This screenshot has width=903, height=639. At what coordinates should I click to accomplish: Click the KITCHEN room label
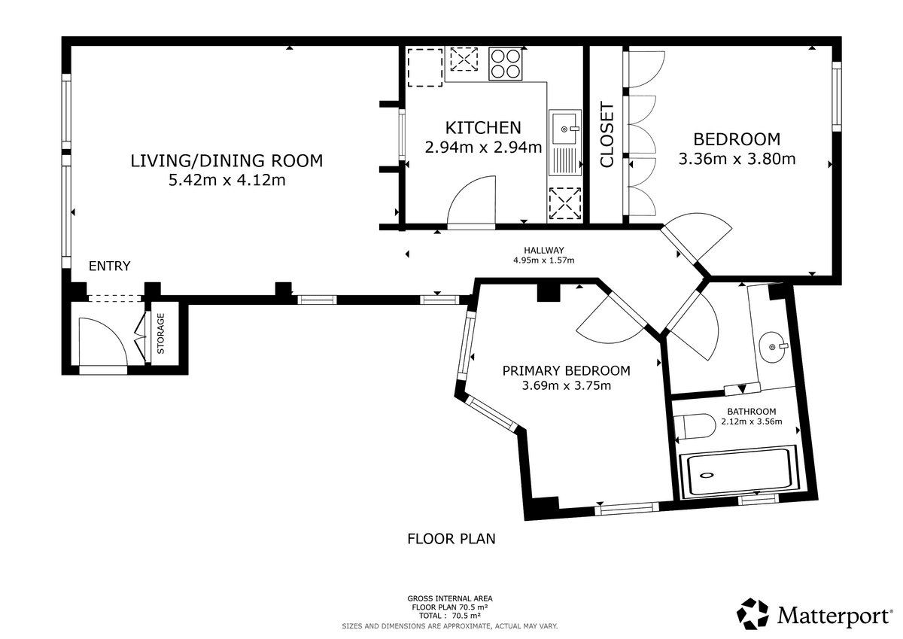tap(483, 128)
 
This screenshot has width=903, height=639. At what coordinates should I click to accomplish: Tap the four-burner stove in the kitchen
tap(506, 64)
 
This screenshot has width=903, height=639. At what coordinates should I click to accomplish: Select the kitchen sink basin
tap(564, 129)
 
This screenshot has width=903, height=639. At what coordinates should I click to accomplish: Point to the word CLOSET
tap(607, 135)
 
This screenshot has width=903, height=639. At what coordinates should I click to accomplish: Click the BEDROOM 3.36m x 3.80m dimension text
tap(737, 159)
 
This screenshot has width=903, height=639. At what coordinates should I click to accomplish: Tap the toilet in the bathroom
tap(694, 425)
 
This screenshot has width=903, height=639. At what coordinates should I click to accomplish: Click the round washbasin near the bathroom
tap(772, 347)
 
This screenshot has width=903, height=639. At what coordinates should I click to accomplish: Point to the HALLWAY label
tap(544, 250)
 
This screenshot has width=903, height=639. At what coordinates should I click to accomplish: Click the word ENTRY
tap(109, 266)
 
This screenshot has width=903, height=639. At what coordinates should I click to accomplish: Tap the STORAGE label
tap(161, 333)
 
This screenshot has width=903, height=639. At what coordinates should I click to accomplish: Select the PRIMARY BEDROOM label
tap(566, 370)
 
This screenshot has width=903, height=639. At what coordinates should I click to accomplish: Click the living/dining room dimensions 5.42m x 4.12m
tap(227, 180)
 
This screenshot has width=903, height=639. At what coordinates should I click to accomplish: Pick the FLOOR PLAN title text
tap(451, 539)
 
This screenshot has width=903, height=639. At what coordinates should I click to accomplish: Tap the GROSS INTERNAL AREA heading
tap(450, 598)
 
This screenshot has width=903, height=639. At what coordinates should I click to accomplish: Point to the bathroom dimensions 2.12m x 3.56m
tap(752, 421)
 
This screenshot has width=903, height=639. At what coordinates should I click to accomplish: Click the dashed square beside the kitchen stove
tap(464, 59)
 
